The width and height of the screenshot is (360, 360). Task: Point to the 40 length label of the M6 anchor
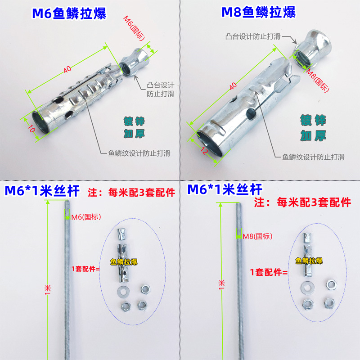tap(67, 69)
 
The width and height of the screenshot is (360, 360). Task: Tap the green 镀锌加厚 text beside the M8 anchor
tap(313, 128)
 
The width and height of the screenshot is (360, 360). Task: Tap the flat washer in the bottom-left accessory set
tap(122, 290)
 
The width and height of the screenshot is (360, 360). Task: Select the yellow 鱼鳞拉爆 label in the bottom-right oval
tap(309, 261)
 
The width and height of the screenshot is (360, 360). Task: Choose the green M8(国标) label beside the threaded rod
tap(257, 236)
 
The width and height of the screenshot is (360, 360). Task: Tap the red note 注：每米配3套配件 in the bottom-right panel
tap(302, 202)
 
